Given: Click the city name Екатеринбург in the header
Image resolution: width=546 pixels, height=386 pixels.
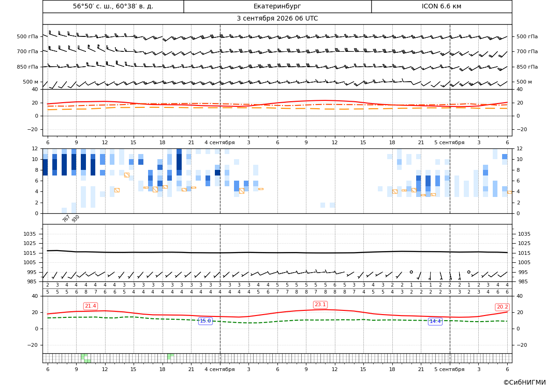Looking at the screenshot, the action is tap(277, 6).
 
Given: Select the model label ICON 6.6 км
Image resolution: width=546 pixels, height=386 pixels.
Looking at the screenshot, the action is tap(441, 6).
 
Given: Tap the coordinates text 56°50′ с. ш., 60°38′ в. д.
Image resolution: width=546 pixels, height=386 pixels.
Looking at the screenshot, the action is tap(113, 6).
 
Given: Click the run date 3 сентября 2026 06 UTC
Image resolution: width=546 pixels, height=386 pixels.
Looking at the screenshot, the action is tap(277, 19).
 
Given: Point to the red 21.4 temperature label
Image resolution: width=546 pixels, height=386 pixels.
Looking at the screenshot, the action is tap(90, 306).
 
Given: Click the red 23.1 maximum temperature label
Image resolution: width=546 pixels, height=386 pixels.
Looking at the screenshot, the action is tap(320, 305).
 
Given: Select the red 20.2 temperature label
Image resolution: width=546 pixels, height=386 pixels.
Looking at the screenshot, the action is tap(502, 307).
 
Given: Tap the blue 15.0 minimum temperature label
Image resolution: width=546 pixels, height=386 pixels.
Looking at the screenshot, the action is tap(205, 321).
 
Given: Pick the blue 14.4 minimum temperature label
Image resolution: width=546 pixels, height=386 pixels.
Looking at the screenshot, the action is tap(435, 321).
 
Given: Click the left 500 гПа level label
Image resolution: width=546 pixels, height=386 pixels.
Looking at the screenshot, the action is tap(27, 36).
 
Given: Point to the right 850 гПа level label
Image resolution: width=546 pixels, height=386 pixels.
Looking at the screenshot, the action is tap(527, 67).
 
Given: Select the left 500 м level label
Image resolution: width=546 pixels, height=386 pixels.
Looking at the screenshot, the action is tap(31, 82).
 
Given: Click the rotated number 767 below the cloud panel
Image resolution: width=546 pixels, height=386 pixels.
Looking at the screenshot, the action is tap(66, 218).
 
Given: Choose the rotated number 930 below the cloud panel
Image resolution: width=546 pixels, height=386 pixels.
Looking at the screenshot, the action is tap(76, 218).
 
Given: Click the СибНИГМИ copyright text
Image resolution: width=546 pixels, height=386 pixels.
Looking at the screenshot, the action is tap(525, 383).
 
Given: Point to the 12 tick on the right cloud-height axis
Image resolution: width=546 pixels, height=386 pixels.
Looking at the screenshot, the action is tap(519, 148).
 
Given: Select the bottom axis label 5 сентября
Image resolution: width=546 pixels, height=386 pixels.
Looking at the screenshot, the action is tap(449, 369).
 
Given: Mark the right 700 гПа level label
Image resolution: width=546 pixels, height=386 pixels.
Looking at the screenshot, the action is tap(527, 51).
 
